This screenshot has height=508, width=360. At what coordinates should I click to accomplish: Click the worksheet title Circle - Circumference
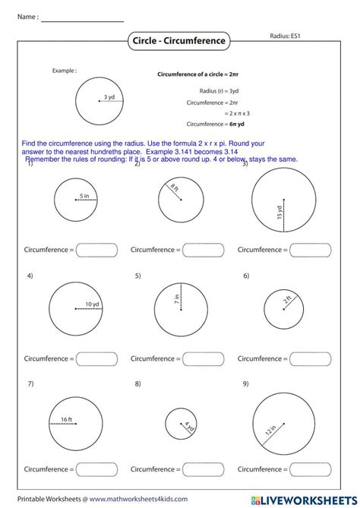pos(180,40)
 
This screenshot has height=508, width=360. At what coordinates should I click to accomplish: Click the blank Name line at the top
pos(81,21)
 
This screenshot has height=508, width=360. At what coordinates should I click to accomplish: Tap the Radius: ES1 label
pos(289,36)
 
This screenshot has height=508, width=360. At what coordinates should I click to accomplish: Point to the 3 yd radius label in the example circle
pos(110,97)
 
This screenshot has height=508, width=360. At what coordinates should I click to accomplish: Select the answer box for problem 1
pos(96,249)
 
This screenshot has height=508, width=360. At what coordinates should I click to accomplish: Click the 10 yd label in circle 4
pos(93,304)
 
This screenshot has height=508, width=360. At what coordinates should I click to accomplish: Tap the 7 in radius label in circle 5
pos(177,299)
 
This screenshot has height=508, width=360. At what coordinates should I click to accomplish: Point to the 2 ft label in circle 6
pos(287,300)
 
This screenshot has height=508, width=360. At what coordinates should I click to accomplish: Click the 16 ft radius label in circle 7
pos(66,418)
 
